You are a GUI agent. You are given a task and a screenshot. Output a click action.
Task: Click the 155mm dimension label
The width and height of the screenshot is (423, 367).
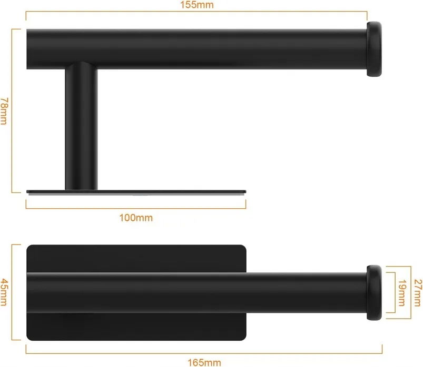196,5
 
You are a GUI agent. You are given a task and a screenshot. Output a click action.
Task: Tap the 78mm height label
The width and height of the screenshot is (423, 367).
4,111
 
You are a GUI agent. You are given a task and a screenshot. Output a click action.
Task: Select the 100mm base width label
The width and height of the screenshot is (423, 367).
136,218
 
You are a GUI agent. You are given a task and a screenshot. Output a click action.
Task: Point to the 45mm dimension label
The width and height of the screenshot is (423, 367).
4,292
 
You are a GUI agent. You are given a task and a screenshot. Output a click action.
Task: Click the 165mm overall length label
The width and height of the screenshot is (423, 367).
204,362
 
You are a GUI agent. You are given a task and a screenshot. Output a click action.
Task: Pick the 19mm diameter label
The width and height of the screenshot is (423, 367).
402,293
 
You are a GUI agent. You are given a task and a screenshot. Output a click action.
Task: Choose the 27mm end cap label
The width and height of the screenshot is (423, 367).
418,293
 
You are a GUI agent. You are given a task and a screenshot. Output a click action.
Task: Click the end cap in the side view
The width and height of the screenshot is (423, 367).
374,49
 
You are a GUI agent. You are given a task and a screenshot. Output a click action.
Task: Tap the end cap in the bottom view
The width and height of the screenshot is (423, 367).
374,293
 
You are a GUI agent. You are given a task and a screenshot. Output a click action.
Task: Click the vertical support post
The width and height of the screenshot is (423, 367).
82,127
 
